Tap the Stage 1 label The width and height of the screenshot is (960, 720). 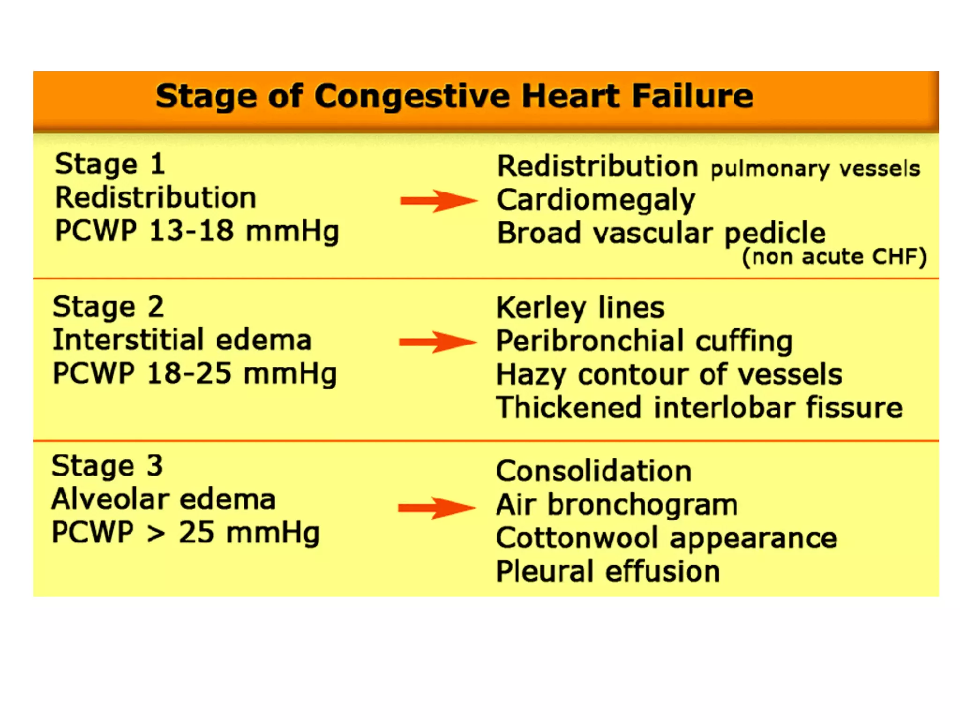tap(110, 165)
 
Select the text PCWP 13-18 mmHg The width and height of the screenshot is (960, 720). tap(197, 231)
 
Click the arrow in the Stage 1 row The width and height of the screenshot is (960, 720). tap(438, 201)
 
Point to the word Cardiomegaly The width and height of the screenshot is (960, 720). tap(596, 201)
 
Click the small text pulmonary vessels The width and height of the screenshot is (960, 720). tap(815, 169)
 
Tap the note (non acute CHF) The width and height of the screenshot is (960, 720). tap(834, 257)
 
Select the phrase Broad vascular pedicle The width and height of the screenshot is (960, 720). tap(661, 233)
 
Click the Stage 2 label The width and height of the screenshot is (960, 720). tap(108, 307)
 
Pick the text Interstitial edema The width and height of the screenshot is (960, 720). tap(182, 340)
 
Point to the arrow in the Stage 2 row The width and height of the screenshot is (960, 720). tap(437, 342)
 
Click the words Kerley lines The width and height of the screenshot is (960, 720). tap(580, 308)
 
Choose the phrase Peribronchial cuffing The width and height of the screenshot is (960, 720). tap(645, 341)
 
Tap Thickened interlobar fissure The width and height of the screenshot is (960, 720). tap(699, 407)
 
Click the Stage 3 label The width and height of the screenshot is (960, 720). tap(107, 466)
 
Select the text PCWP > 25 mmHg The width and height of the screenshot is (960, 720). tap(186, 533)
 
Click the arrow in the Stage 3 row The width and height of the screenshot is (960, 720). tap(436, 508)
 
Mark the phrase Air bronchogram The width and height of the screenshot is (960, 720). tap(617, 505)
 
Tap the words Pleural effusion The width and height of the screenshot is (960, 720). tap(608, 571)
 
